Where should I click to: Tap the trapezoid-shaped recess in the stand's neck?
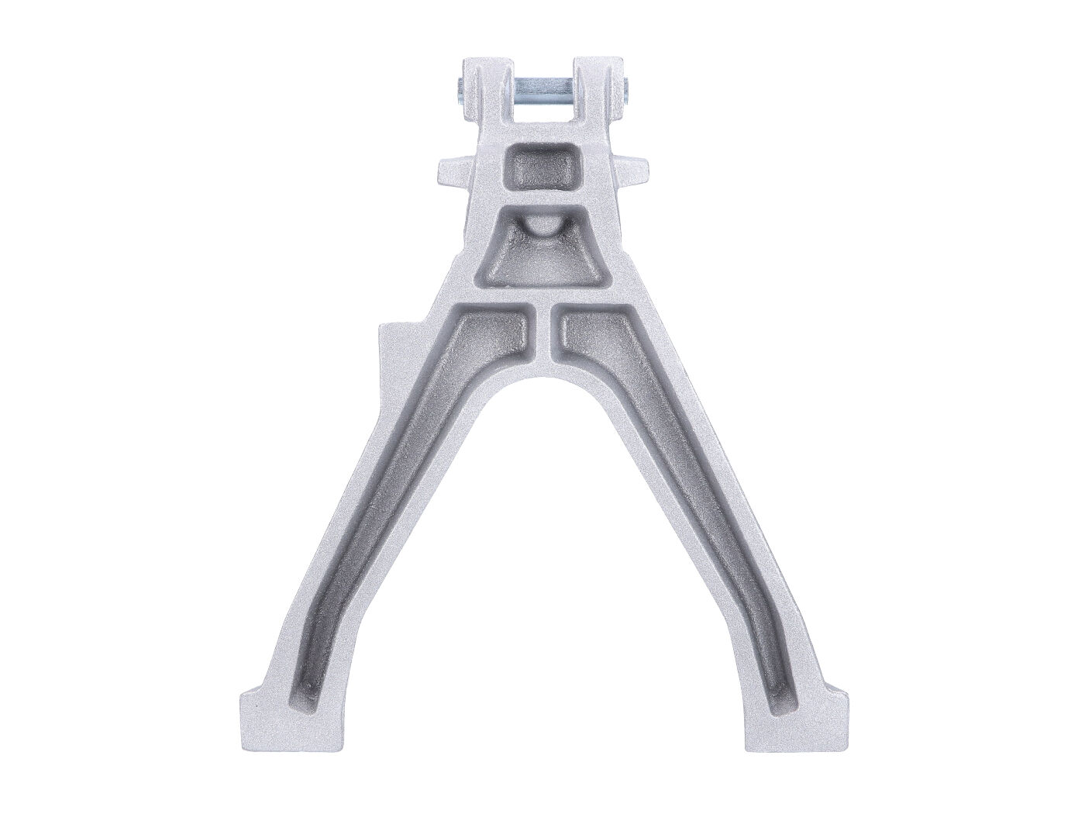click(543, 253)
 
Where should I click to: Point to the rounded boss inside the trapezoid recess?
click(544, 226)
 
